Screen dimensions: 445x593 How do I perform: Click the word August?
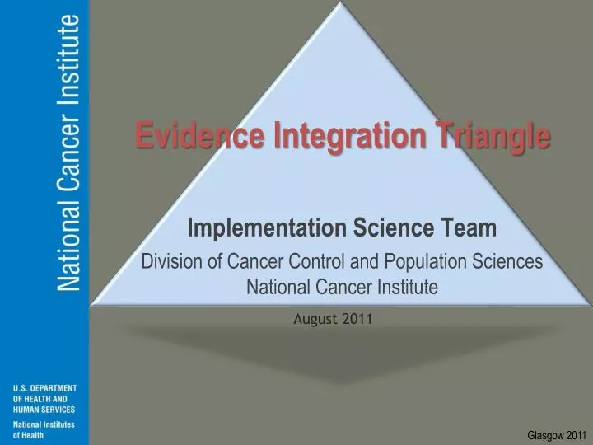tap(314, 320)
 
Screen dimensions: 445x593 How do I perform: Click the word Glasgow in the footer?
tap(543, 434)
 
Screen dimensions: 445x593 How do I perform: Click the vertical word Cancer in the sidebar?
tap(70, 157)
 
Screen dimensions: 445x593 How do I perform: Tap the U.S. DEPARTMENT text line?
tap(45, 388)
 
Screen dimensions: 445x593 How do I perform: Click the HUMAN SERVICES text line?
tap(44, 410)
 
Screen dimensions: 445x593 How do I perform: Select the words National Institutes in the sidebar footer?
tap(44, 424)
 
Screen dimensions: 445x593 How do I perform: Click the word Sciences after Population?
tap(510, 262)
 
